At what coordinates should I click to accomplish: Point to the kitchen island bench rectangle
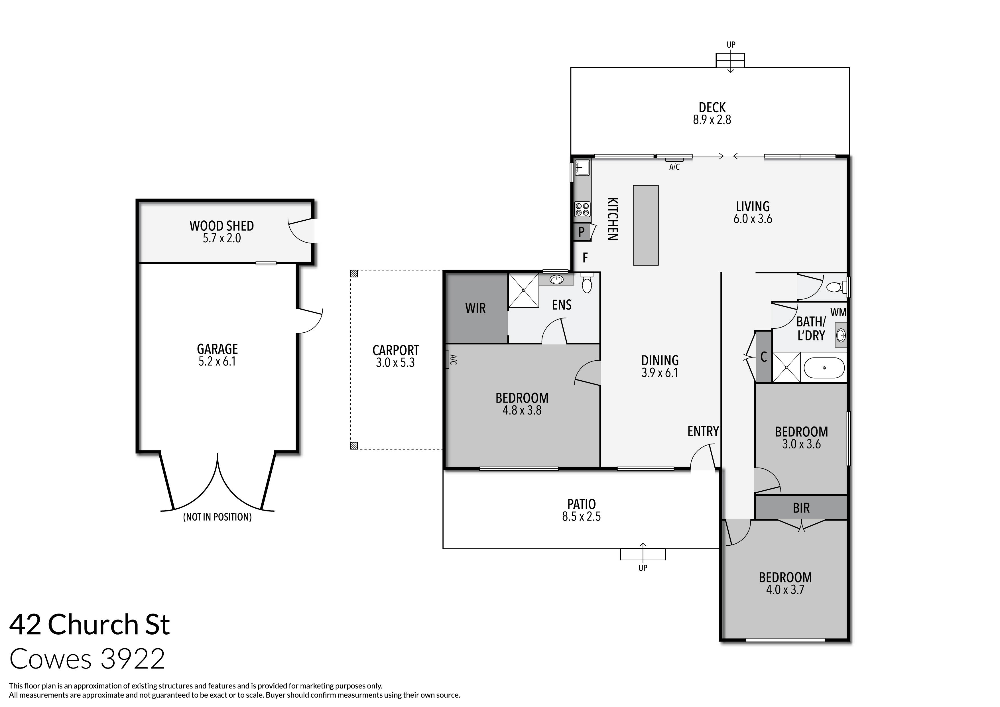tap(645, 225)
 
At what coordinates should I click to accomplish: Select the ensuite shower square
tap(524, 290)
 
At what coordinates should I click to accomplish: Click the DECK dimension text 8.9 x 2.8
tap(712, 120)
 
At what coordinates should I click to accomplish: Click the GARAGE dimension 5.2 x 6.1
tap(217, 361)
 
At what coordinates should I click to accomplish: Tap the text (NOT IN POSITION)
tap(217, 517)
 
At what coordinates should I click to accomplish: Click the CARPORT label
tap(395, 350)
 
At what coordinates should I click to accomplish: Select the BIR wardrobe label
tap(801, 508)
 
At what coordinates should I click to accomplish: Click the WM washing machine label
tap(838, 312)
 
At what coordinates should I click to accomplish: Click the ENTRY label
tap(702, 431)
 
